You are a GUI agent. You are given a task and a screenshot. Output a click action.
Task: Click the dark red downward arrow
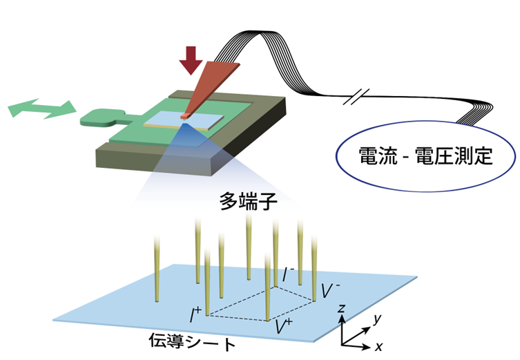pos(191,60)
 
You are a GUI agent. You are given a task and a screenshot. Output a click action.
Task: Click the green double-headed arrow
pos(42,108)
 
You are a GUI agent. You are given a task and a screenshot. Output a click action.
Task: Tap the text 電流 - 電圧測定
pos(425,155)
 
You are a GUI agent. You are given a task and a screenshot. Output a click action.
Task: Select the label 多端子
pos(248,201)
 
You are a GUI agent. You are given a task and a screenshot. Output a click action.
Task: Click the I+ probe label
pos(195,314)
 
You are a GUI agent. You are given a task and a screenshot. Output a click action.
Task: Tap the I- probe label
pos(287,274)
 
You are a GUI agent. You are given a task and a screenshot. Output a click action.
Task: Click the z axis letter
pos(341,309)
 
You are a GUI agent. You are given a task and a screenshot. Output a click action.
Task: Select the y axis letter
pos(377,319)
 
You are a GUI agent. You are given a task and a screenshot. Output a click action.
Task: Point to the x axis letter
pos(378,347)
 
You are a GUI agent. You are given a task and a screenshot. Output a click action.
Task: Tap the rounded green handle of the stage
pos(99,117)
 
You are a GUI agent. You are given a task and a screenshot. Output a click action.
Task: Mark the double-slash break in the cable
pos(356,97)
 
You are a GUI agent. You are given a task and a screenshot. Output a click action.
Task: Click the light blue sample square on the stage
pos(184,120)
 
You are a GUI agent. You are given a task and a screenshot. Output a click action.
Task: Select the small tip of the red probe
pos(184,116)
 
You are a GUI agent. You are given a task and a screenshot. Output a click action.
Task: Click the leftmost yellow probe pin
pos(157,269)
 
